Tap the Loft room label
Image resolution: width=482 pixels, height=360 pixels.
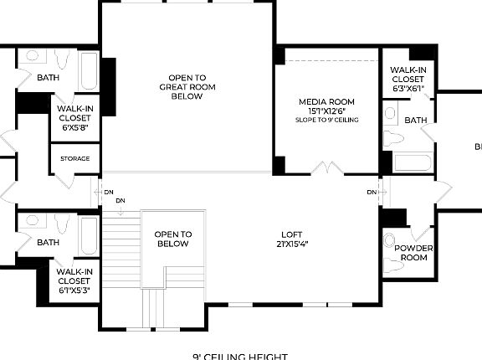[291, 239]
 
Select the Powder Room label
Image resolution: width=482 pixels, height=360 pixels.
[412, 253]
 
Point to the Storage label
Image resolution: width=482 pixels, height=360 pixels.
[74, 159]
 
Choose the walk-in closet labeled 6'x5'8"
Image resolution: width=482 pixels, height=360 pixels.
[74, 118]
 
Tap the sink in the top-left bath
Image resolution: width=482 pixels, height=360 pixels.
[32, 56]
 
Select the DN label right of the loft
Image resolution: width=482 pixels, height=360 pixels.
[372, 193]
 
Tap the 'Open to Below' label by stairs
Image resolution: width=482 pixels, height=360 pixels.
[174, 239]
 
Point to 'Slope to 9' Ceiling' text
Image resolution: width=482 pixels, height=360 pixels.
[326, 121]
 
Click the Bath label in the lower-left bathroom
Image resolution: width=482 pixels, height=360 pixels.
[48, 243]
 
